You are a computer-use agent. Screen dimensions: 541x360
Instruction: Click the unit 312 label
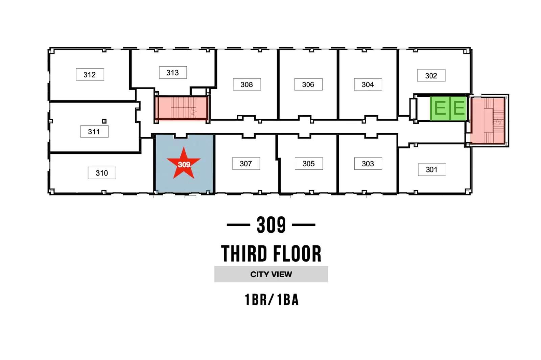click(x=90, y=75)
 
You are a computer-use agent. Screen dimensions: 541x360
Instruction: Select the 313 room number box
click(x=173, y=72)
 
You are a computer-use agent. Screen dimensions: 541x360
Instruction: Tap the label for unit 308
click(x=247, y=85)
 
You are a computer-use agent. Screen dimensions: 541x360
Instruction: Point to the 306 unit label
click(x=308, y=85)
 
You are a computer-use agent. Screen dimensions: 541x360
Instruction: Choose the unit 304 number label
click(x=368, y=85)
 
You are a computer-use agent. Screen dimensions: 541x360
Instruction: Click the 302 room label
click(x=431, y=76)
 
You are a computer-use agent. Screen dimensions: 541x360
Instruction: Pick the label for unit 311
click(x=94, y=131)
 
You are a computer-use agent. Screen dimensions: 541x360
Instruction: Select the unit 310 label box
click(x=102, y=173)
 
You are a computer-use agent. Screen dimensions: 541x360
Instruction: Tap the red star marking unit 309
click(x=184, y=164)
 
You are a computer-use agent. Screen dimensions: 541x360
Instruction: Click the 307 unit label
click(x=246, y=164)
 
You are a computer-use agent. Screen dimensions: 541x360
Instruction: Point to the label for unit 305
click(x=309, y=164)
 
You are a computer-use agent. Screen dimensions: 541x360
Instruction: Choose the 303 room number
click(x=368, y=164)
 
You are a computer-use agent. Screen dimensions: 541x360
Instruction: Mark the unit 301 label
click(x=432, y=169)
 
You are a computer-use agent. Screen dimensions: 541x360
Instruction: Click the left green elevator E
click(x=440, y=109)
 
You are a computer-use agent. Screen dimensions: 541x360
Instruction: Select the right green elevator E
click(x=458, y=109)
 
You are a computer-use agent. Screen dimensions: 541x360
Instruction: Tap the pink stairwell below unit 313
click(x=181, y=108)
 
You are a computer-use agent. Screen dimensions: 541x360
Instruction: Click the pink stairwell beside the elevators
click(x=487, y=120)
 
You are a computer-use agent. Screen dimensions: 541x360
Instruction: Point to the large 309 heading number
click(x=271, y=225)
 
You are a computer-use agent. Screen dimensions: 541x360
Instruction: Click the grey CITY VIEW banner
click(x=271, y=274)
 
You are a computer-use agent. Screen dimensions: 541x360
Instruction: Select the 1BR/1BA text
click(x=272, y=300)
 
